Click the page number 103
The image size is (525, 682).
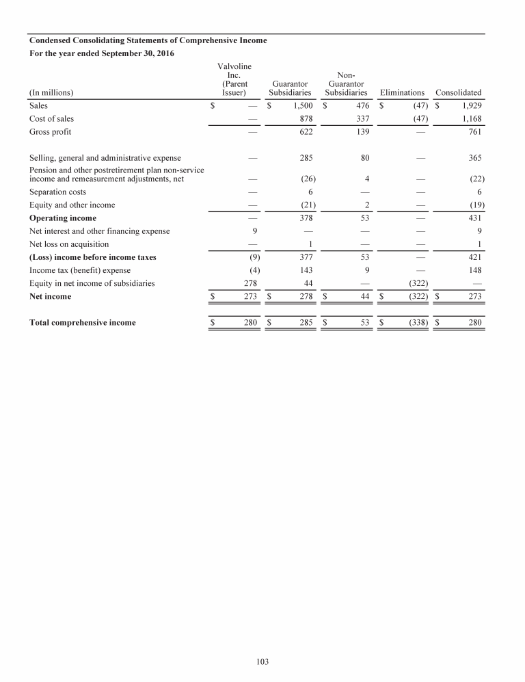[x=262, y=661]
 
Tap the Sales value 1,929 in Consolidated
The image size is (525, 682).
[x=470, y=106]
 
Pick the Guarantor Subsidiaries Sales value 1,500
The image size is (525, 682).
[x=301, y=106]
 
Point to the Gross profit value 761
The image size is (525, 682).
[x=474, y=132]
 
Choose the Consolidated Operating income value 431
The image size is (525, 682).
[x=474, y=218]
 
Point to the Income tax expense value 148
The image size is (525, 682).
[x=474, y=270]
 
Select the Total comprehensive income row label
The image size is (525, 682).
[x=82, y=323]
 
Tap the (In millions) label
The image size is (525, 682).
[x=51, y=92]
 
